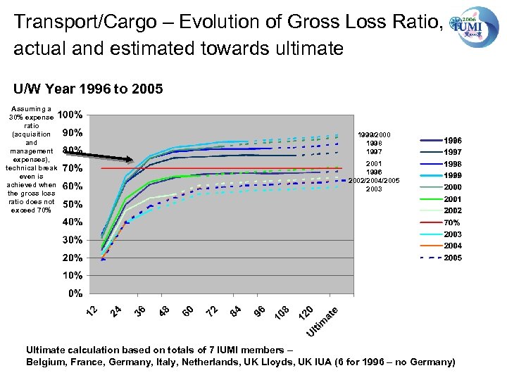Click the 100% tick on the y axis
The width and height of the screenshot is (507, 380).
click(x=70, y=115)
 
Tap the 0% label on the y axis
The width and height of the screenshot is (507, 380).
click(x=74, y=293)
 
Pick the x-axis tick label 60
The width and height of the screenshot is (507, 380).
click(x=188, y=310)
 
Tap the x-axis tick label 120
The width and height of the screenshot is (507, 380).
click(x=306, y=312)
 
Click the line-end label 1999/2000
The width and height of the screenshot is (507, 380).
click(x=374, y=134)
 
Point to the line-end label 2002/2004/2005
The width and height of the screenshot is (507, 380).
click(x=374, y=180)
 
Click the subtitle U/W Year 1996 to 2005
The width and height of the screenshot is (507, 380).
click(x=88, y=89)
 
